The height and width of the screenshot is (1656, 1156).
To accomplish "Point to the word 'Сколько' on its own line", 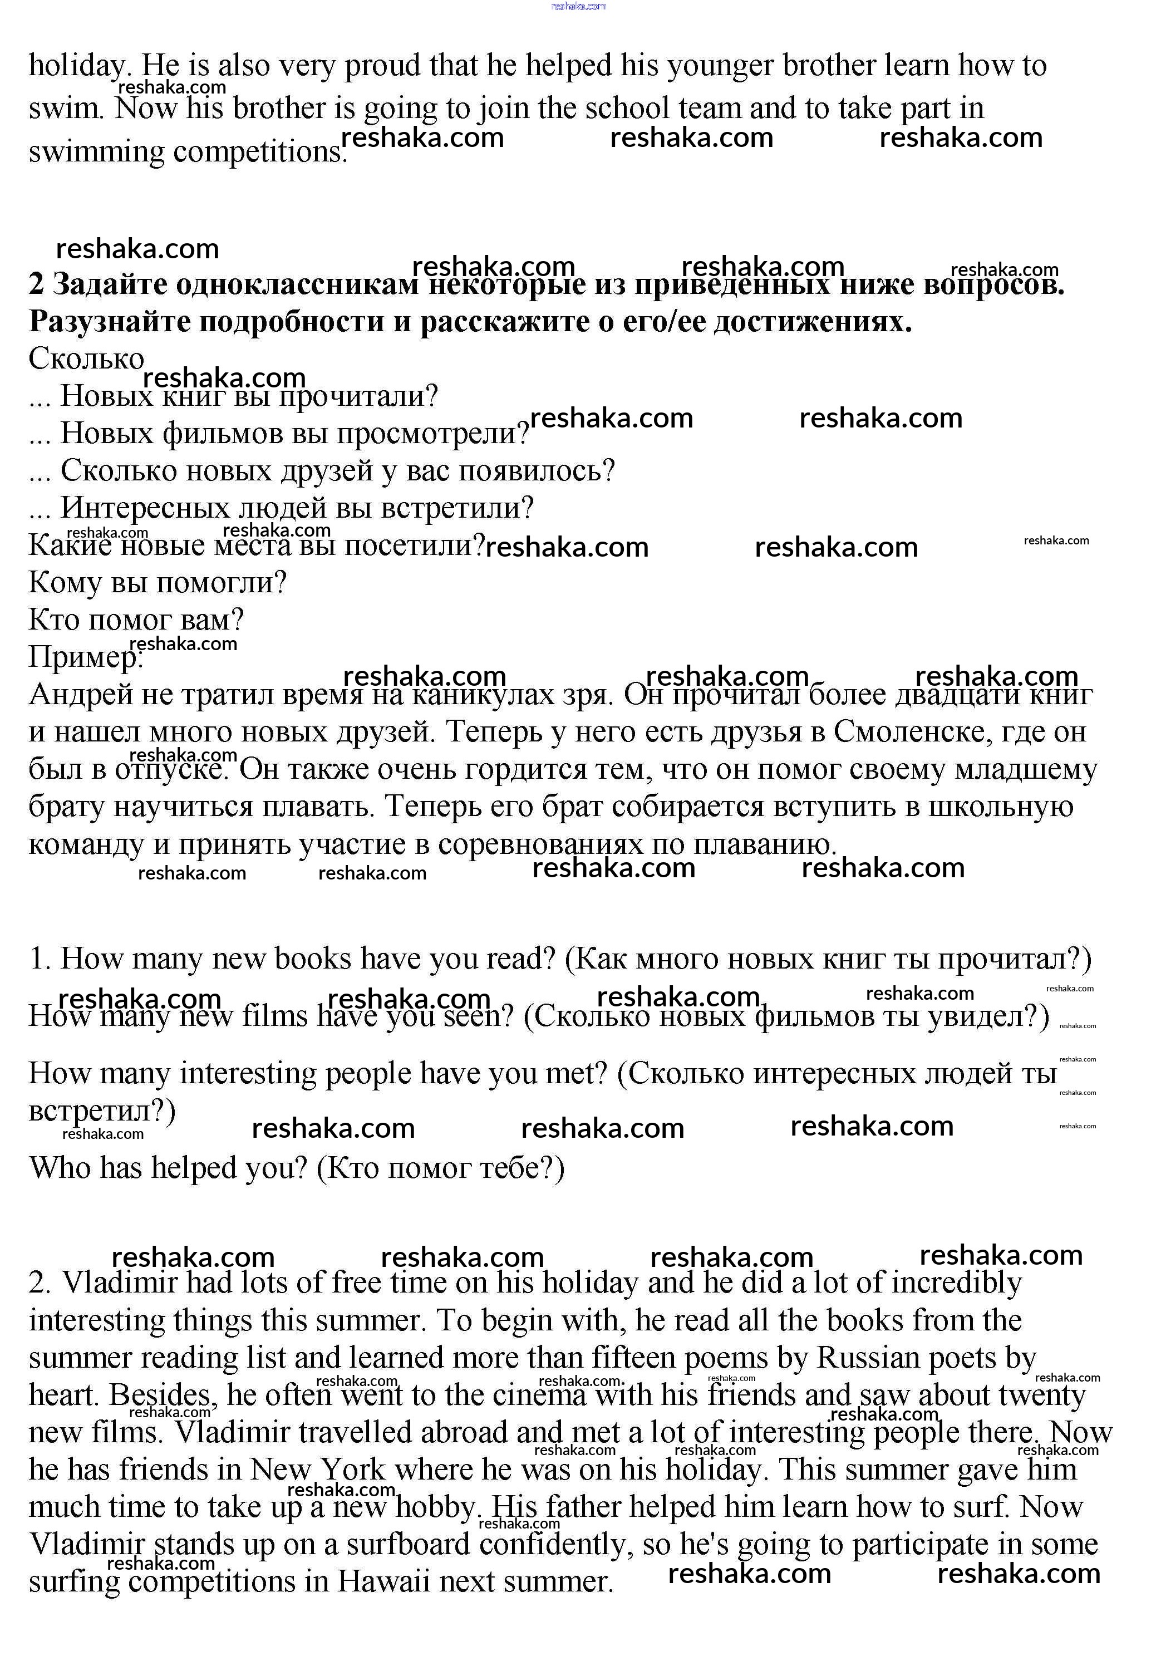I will (x=86, y=358).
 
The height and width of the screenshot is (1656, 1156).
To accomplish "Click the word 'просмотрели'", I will (x=432, y=434).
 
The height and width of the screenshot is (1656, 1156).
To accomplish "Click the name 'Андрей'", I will (x=80, y=695).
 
